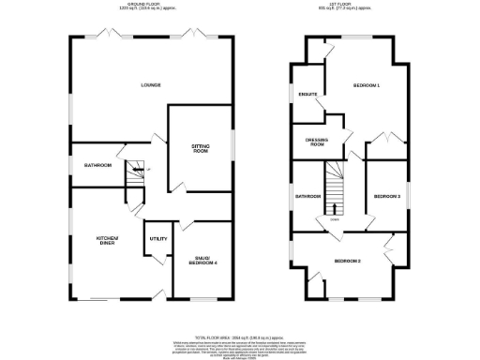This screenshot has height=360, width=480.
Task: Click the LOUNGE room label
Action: tap(150, 85)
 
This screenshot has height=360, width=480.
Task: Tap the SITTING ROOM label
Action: tap(201, 150)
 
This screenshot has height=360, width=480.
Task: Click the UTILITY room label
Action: tap(157, 239)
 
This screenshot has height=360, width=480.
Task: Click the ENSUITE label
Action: tap(308, 96)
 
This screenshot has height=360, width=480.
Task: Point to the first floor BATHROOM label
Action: tap(308, 197)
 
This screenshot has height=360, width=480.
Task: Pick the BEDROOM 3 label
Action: tap(387, 197)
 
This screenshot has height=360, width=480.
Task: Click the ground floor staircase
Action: tap(136, 172)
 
